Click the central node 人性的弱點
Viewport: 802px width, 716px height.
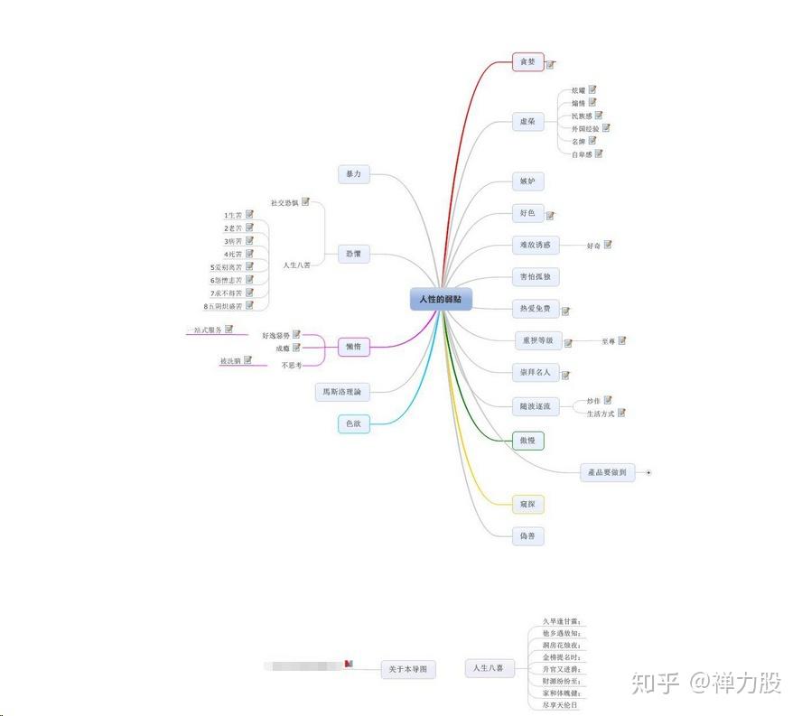pyautogui.click(x=441, y=299)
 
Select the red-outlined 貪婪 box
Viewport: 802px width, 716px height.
pyautogui.click(x=527, y=62)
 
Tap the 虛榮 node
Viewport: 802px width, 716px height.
pyautogui.click(x=527, y=121)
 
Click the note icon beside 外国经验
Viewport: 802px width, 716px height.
pyautogui.click(x=607, y=127)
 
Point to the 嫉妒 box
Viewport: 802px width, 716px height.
pyautogui.click(x=527, y=181)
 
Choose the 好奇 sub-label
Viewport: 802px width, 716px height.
pyautogui.click(x=593, y=246)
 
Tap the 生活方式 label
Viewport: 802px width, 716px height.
pyautogui.click(x=600, y=414)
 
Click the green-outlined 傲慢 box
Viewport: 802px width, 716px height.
pyautogui.click(x=527, y=440)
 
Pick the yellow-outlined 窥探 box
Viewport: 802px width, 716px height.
pyautogui.click(x=528, y=503)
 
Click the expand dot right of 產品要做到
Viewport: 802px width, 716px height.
pyautogui.click(x=648, y=472)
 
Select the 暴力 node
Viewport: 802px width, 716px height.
pyautogui.click(x=353, y=174)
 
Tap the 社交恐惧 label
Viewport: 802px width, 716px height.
pyautogui.click(x=284, y=202)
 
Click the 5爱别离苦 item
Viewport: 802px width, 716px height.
pyautogui.click(x=226, y=267)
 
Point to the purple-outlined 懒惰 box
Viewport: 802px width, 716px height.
pyautogui.click(x=353, y=346)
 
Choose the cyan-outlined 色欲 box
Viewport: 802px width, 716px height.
pyautogui.click(x=354, y=423)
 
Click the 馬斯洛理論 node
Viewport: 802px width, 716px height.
pyautogui.click(x=342, y=392)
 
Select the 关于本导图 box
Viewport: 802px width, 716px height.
pyautogui.click(x=407, y=669)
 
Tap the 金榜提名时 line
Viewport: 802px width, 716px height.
pyautogui.click(x=561, y=657)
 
